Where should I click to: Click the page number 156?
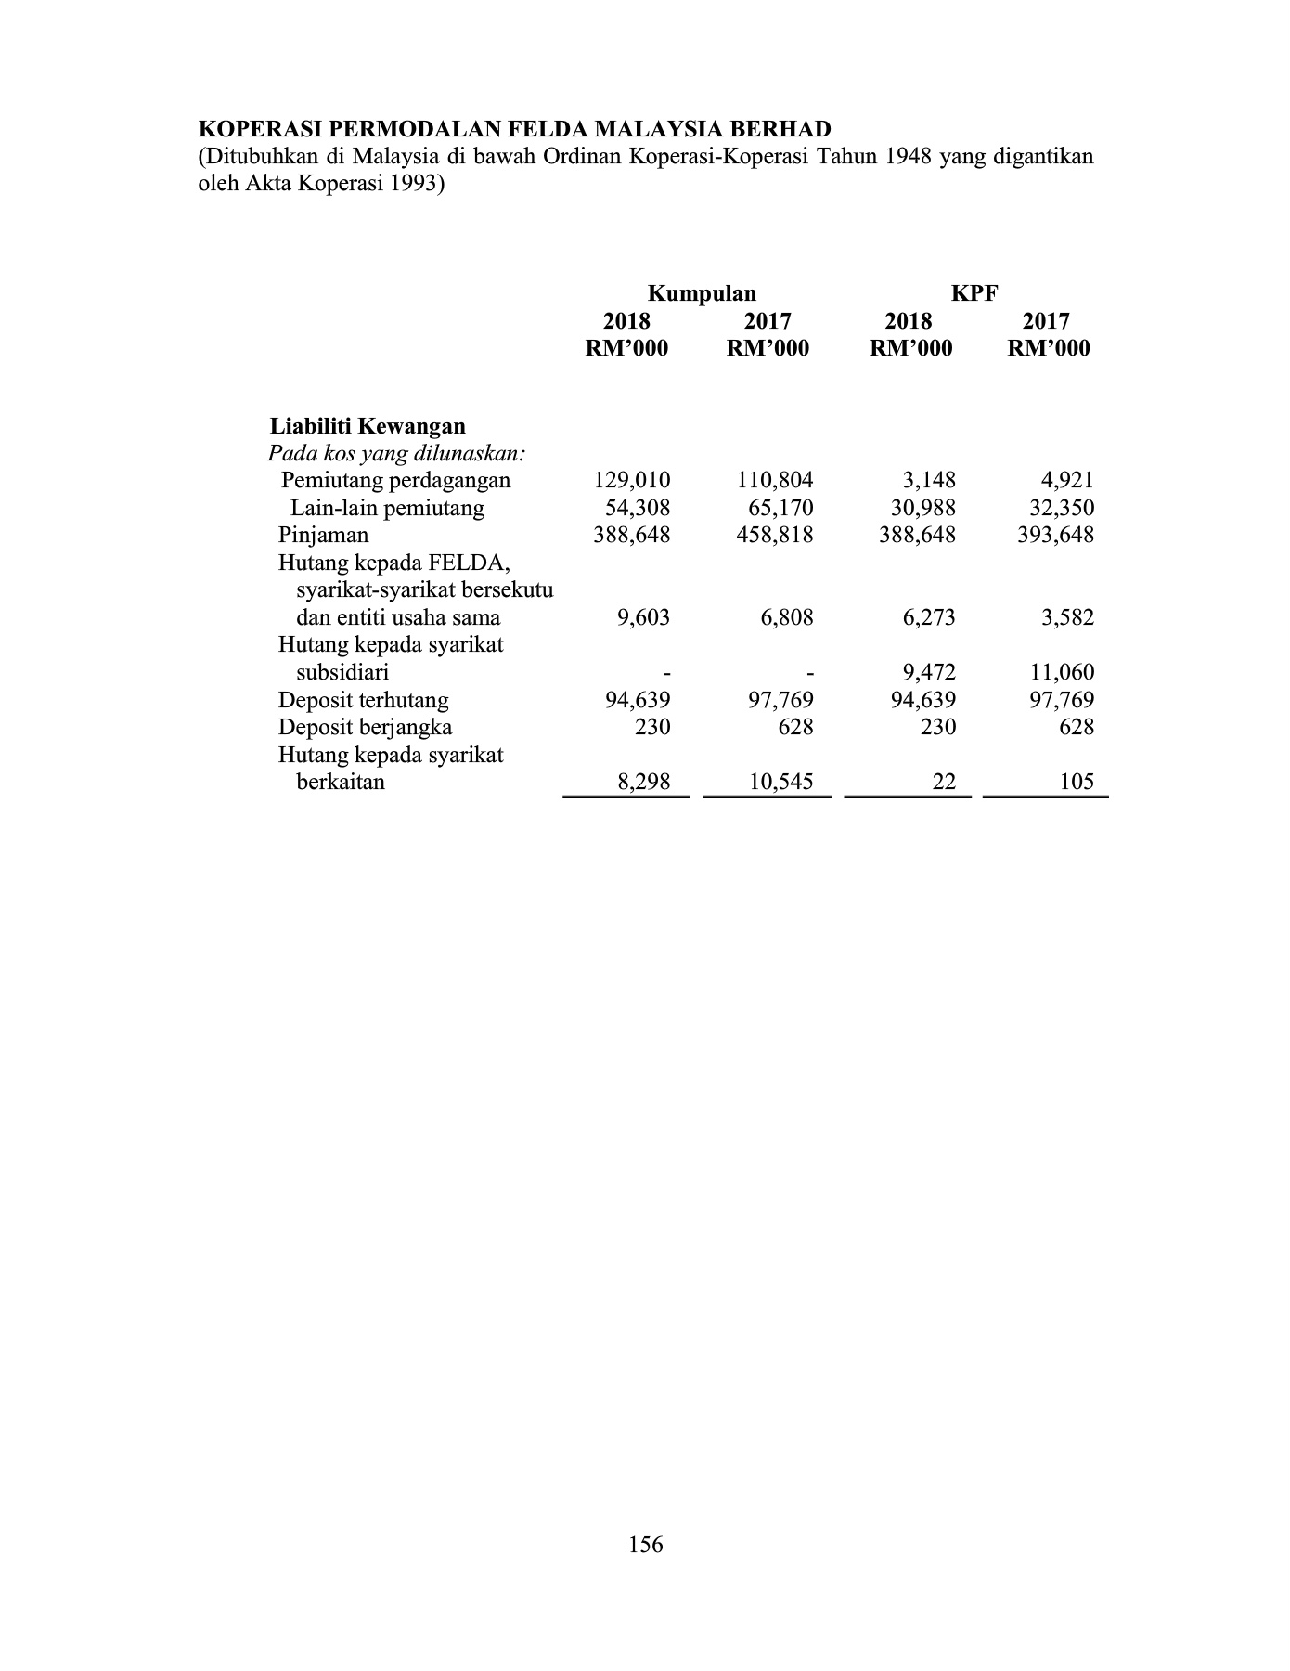point(645,1544)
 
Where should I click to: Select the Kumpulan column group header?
point(701,294)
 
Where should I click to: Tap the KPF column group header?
point(974,294)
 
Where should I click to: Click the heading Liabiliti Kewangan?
point(368,427)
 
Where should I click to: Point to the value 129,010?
point(631,481)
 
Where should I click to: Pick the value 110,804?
point(774,481)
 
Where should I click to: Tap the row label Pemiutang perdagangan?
point(395,481)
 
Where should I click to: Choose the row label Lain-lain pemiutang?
point(387,509)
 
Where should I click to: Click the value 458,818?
point(774,536)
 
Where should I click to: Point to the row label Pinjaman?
point(323,536)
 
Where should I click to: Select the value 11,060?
point(1062,673)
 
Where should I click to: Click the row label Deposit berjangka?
point(365,727)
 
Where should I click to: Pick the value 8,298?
point(643,782)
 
